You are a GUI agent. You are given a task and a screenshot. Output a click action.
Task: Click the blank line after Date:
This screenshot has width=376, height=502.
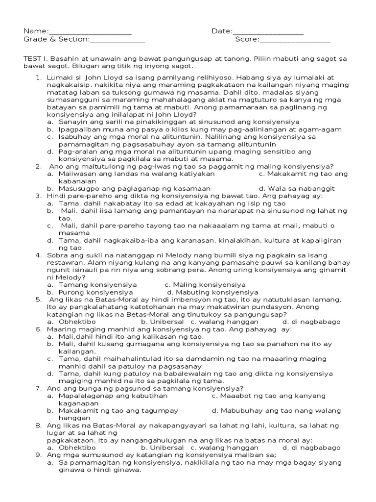[x=268, y=33]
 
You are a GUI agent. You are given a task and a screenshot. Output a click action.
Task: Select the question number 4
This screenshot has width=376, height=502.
[x=38, y=255]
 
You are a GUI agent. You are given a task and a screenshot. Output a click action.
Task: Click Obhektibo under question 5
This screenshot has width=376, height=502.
[x=77, y=321]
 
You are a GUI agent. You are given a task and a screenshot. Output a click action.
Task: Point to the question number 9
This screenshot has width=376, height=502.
[x=38, y=455]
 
